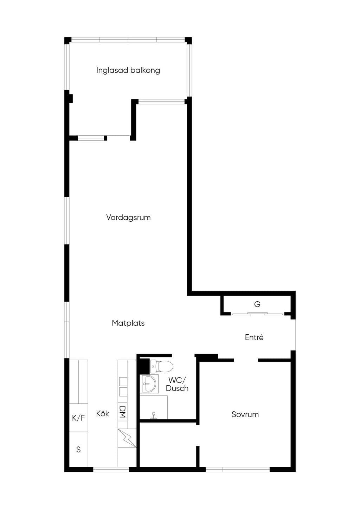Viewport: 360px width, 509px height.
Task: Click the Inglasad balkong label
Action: tap(128, 70)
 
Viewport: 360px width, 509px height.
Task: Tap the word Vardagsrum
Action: tap(128, 218)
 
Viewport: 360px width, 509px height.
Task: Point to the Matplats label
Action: tap(128, 323)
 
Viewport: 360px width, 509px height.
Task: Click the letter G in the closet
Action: tap(257, 304)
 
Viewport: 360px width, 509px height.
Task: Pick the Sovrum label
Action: tap(245, 414)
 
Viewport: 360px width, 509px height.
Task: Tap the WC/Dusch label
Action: tap(177, 384)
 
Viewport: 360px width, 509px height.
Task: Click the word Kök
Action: tap(103, 413)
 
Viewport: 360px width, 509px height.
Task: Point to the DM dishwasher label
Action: tap(122, 412)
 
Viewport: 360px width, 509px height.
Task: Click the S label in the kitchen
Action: tap(78, 449)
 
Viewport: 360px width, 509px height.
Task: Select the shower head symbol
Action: tap(154, 415)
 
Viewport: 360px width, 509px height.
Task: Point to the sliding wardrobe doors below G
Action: tap(257, 314)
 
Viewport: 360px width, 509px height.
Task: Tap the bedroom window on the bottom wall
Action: tap(238, 469)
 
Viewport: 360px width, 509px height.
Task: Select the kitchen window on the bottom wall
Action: tap(111, 469)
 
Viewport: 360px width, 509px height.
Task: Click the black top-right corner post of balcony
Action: tap(188, 41)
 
